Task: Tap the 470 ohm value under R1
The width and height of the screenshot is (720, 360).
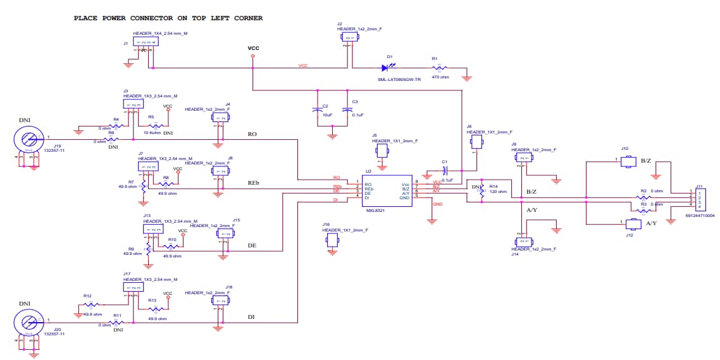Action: tap(440, 77)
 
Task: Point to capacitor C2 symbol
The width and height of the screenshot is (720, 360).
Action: tap(318, 110)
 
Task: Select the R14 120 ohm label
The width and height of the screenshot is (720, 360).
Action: tap(497, 190)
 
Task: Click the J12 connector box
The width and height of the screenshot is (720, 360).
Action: tap(633, 224)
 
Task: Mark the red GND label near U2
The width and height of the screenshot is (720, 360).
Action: tap(437, 204)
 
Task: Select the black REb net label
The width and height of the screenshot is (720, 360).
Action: tap(254, 183)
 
